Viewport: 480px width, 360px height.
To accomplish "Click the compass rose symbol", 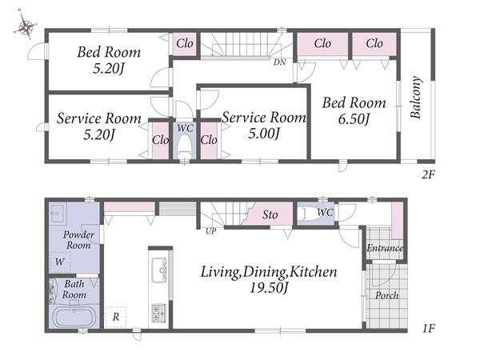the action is pyautogui.click(x=26, y=26).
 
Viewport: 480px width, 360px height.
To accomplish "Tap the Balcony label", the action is pyautogui.click(x=416, y=98).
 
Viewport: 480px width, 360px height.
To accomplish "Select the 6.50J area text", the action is pyautogui.click(x=354, y=118).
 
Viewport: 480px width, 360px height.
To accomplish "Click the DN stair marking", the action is pyautogui.click(x=279, y=62).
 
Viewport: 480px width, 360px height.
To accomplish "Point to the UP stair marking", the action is pyautogui.click(x=210, y=231).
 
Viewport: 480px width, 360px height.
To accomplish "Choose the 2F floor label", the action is pyautogui.click(x=428, y=174).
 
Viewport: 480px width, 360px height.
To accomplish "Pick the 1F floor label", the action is pyautogui.click(x=429, y=329).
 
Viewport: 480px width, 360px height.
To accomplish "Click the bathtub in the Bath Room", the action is pyautogui.click(x=74, y=318).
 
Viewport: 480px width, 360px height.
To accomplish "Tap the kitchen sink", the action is pyautogui.click(x=159, y=270).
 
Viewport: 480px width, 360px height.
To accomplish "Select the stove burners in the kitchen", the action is pyautogui.click(x=159, y=312).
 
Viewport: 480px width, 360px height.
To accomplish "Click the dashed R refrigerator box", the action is pyautogui.click(x=115, y=317).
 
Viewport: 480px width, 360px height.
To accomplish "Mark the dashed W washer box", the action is pyautogui.click(x=60, y=262).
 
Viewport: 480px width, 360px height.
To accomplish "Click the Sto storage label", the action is pyautogui.click(x=270, y=214).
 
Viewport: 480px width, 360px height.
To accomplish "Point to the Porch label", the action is pyautogui.click(x=387, y=295).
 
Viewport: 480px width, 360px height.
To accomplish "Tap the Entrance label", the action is pyautogui.click(x=385, y=248).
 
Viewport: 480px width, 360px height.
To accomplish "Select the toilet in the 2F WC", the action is pyautogui.click(x=185, y=146).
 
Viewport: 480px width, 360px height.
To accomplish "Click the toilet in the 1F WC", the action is pyautogui.click(x=307, y=214).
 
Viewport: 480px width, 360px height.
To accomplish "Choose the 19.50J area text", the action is pyautogui.click(x=269, y=288).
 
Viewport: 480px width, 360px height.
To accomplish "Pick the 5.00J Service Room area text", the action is pyautogui.click(x=264, y=134).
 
